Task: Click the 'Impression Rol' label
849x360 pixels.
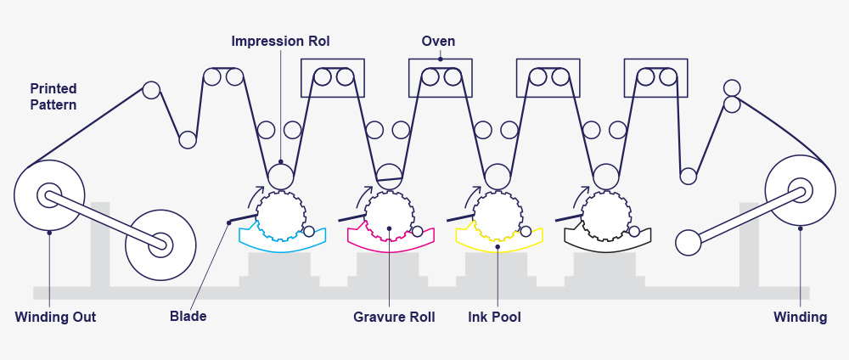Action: click(x=281, y=41)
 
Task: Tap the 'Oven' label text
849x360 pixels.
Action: click(x=439, y=41)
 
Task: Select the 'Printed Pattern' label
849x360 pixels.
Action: click(x=53, y=97)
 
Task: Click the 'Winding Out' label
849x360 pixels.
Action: click(x=55, y=318)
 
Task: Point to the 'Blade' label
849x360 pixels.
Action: click(x=188, y=318)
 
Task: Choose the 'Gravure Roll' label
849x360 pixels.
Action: click(x=394, y=318)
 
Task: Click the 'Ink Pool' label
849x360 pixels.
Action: click(x=494, y=318)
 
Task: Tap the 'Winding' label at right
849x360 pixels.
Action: click(x=800, y=318)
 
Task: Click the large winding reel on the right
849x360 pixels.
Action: click(x=800, y=192)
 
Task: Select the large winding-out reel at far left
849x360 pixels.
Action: click(x=49, y=195)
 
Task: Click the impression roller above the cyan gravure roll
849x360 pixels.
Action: click(x=281, y=176)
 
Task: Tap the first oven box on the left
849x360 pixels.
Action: click(x=333, y=77)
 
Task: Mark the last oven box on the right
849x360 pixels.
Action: click(x=655, y=77)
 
